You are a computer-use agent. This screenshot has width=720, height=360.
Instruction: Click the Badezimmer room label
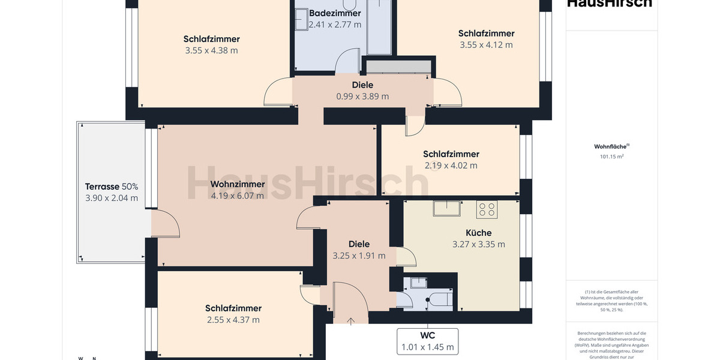point(335,13)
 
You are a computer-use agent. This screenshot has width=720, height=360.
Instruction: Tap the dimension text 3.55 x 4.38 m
point(212,50)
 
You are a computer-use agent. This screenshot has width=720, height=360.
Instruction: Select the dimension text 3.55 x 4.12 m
point(486,45)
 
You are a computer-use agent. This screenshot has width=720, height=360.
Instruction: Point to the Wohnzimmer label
point(238,184)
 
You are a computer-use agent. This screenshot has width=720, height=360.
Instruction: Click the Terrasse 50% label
point(111,187)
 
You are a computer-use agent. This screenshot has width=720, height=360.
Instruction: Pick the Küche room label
point(478,233)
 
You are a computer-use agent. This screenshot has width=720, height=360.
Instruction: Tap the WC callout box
point(427,341)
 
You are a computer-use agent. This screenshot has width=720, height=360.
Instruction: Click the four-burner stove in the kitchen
point(487,209)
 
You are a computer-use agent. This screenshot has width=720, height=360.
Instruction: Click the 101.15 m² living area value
point(611,157)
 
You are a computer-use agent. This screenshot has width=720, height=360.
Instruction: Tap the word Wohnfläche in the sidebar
point(610,146)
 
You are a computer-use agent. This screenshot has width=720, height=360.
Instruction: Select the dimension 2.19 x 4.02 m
point(451,166)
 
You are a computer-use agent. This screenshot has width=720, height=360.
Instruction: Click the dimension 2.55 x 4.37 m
point(233,320)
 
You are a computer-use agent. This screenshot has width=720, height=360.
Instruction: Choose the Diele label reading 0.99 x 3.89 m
point(362,96)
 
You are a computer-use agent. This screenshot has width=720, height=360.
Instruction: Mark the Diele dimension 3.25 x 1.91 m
point(359,256)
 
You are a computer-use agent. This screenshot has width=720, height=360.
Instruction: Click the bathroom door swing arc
point(347,62)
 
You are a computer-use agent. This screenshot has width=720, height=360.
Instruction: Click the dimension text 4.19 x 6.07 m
point(238,195)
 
